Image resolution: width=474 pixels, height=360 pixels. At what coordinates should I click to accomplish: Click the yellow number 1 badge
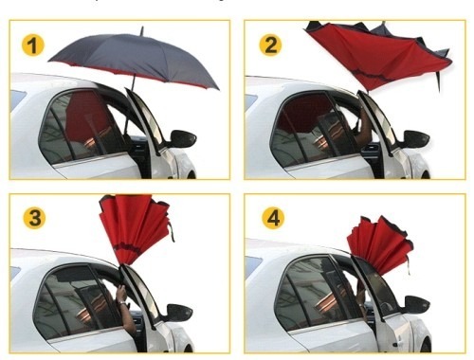click(x=33, y=45)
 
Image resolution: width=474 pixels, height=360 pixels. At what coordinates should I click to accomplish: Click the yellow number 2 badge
click(x=270, y=45)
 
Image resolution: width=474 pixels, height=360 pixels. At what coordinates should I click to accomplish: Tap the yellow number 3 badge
click(x=34, y=218)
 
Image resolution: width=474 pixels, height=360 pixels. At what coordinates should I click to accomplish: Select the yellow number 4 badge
click(x=273, y=218)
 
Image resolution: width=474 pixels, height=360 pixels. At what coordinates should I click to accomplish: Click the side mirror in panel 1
click(x=183, y=138)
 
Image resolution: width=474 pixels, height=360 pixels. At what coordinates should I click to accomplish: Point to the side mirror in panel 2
click(x=416, y=139)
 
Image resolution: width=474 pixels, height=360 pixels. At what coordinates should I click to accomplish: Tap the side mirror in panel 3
click(x=179, y=313)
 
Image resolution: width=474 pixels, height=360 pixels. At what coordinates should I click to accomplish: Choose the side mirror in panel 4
click(x=417, y=305)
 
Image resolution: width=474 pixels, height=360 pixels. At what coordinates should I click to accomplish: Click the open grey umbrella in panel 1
click(x=135, y=60)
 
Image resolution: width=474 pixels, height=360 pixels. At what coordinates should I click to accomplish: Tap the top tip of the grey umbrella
click(x=142, y=27)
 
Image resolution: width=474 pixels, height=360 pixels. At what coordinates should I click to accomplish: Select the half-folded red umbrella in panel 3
click(x=136, y=227)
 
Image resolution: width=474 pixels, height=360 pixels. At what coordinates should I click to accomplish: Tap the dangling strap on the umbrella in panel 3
click(x=172, y=232)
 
